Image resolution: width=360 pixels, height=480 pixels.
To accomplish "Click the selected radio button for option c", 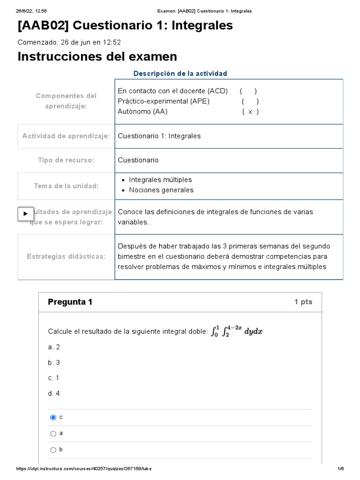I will coord(53,417).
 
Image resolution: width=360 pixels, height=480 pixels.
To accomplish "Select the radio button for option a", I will coord(53,434).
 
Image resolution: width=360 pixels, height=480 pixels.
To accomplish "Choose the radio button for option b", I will coord(53,450).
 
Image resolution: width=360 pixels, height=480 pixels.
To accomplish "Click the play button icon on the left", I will coord(25,214).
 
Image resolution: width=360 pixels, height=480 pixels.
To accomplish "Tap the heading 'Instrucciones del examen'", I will coord(97,57).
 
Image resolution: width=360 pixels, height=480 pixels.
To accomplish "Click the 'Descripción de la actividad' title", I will coord(180,74).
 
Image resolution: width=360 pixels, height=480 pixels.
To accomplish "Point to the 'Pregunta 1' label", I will coord(70,302).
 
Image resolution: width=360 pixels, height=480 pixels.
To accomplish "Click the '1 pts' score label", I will coord(303,302).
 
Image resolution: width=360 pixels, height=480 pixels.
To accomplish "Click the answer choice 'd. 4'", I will coord(54,394).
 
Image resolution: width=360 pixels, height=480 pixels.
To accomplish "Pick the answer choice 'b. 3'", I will coord(54,362).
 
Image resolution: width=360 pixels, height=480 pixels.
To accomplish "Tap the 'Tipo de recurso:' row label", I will coord(66,160).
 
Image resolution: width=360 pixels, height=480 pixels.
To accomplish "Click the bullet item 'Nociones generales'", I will coord(161,190).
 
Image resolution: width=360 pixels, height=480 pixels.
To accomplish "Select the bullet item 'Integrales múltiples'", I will coord(160,180).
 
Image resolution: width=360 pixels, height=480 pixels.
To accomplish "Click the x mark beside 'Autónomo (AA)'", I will coord(250,112).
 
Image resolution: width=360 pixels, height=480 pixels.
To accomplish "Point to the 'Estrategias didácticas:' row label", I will coord(66,256).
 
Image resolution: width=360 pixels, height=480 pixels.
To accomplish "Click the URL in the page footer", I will coord(83,469).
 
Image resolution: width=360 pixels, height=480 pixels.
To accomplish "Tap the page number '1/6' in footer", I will coord(340,469).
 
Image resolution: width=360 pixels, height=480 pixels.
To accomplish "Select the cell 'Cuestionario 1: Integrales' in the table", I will coord(159,136).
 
